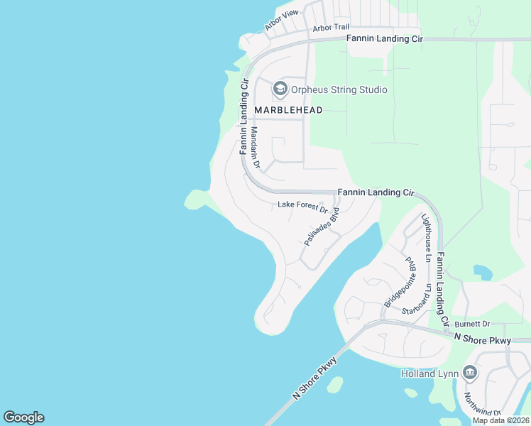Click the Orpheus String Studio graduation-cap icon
[x=280, y=89]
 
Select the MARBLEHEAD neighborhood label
[x=288, y=110]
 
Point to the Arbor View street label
[x=282, y=20]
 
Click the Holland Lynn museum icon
[x=469, y=373]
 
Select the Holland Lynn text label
[x=431, y=373]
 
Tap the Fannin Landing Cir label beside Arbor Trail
[x=385, y=38]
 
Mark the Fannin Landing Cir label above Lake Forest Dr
[x=376, y=192]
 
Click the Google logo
[x=23, y=417]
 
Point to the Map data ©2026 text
[x=500, y=420]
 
